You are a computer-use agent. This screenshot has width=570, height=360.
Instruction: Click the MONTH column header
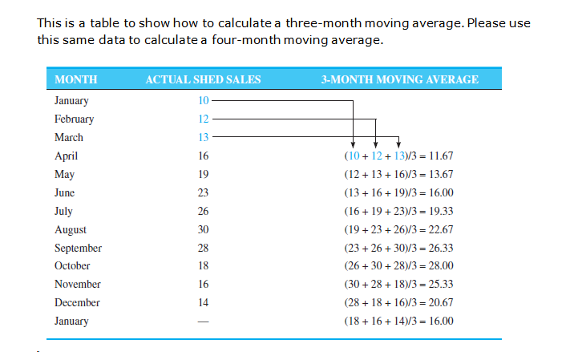[75, 79]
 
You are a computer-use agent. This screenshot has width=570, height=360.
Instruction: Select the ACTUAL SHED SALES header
[203, 79]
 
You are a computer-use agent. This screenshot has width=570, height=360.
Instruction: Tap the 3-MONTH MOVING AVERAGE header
[399, 79]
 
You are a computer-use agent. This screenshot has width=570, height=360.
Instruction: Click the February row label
[74, 119]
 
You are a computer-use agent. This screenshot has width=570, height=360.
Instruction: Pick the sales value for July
[203, 211]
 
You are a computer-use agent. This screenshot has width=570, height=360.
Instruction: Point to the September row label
[78, 248]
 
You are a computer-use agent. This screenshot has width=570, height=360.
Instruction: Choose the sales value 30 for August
[203, 229]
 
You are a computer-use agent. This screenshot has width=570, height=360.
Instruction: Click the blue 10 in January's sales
[203, 101]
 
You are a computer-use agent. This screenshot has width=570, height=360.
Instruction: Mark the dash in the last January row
[203, 322]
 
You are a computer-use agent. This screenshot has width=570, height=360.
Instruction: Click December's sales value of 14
[203, 303]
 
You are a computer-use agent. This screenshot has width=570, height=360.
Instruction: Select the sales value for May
[203, 174]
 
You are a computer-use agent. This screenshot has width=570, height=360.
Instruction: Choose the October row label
[72, 266]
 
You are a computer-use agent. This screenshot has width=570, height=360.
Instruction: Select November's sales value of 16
[203, 285]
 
